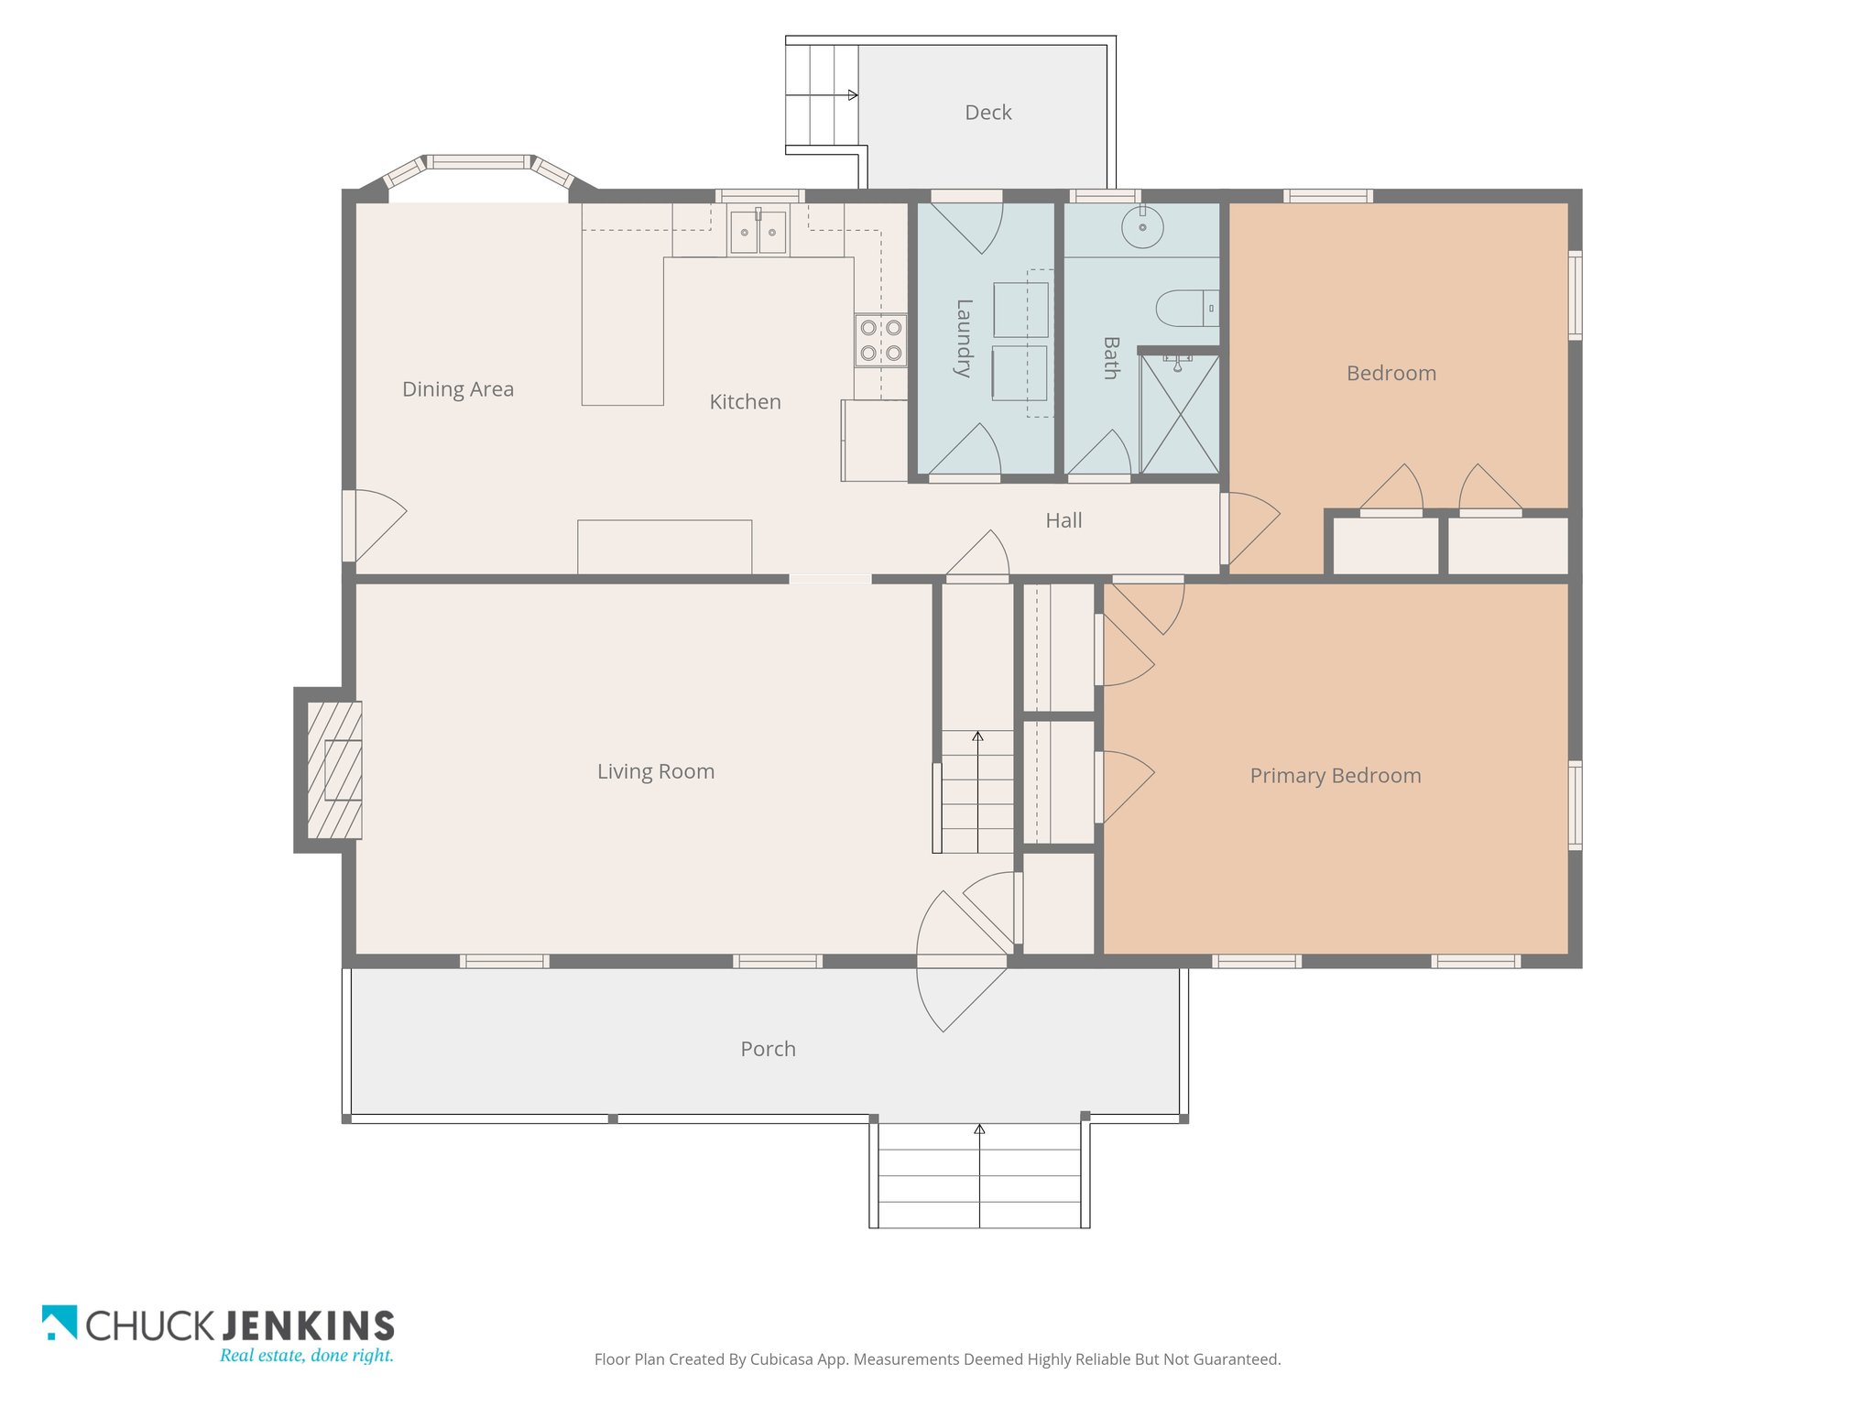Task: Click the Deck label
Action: point(987,113)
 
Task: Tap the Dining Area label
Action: point(458,389)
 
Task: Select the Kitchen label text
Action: point(745,401)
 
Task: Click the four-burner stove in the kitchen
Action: point(881,341)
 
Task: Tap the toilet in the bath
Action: point(1187,309)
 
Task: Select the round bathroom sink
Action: point(1142,226)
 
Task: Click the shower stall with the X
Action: point(1180,414)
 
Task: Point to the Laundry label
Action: point(964,338)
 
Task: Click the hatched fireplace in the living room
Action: point(334,770)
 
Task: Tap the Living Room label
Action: point(656,771)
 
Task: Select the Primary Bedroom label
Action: point(1336,776)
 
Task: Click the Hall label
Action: point(1063,520)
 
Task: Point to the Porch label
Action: point(768,1049)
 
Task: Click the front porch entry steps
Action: point(979,1175)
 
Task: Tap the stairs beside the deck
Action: point(823,95)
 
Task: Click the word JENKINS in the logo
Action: point(308,1326)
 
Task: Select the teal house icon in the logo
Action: point(60,1323)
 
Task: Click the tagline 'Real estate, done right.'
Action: point(307,1356)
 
